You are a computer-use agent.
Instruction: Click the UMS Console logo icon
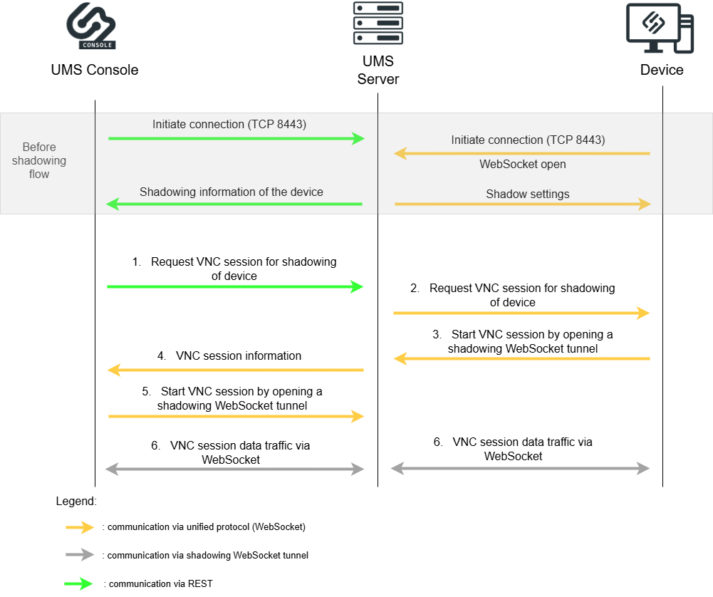click(x=91, y=23)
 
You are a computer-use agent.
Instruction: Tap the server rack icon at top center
click(x=378, y=23)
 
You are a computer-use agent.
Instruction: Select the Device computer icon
click(x=659, y=28)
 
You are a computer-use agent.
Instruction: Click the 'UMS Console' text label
click(x=95, y=70)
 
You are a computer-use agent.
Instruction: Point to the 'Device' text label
click(x=661, y=70)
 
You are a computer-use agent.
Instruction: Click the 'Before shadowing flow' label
click(x=39, y=160)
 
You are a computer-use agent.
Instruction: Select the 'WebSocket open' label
click(x=523, y=164)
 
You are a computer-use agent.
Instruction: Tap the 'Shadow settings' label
click(x=528, y=194)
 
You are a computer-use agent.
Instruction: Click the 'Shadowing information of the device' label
click(x=231, y=192)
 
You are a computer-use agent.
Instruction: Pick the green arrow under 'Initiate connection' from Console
click(x=236, y=138)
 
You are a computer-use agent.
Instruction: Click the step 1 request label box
click(x=234, y=269)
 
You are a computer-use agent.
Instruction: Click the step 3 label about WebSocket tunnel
click(x=523, y=341)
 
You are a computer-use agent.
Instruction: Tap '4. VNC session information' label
click(x=229, y=355)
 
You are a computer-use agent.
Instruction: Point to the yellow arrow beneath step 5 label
click(x=236, y=416)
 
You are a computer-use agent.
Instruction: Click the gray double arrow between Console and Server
click(x=234, y=469)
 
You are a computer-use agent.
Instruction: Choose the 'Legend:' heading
click(x=76, y=501)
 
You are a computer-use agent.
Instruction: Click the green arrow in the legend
click(x=79, y=583)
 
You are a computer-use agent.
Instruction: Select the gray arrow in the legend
click(x=79, y=554)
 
